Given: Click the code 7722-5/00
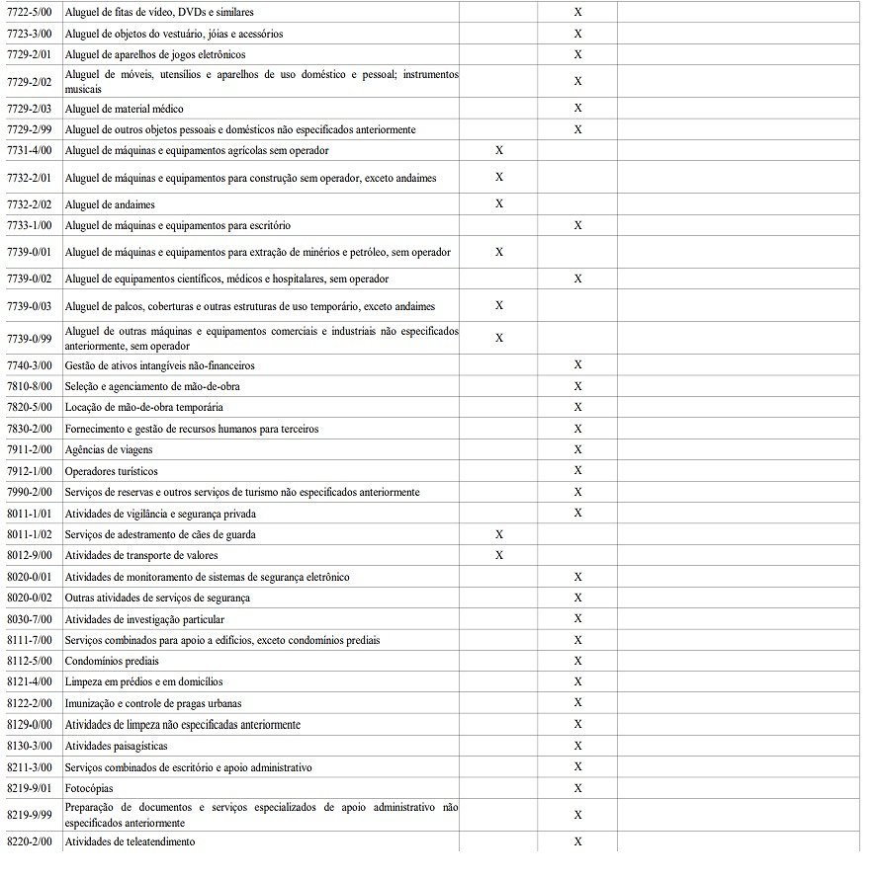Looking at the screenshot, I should pyautogui.click(x=29, y=13).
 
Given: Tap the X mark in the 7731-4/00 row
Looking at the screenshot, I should pyautogui.click(x=499, y=150).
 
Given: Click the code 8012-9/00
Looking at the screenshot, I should pyautogui.click(x=29, y=555).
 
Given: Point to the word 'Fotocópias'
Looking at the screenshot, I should pyautogui.click(x=89, y=788).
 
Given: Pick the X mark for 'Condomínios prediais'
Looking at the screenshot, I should pyautogui.click(x=577, y=661).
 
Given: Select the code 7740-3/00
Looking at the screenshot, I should pyautogui.click(x=29, y=365).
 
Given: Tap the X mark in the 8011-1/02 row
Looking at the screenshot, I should pyautogui.click(x=499, y=534).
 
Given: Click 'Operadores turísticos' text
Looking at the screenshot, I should pyautogui.click(x=111, y=471).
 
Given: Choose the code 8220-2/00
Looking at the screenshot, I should pyautogui.click(x=29, y=841).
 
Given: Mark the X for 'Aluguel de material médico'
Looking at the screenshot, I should pyautogui.click(x=577, y=108).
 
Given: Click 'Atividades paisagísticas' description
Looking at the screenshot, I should pyautogui.click(x=116, y=746).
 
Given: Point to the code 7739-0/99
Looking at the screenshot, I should pyautogui.click(x=29, y=339).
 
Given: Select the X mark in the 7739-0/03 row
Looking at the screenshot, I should pyautogui.click(x=499, y=305).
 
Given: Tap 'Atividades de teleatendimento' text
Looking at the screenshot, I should pyautogui.click(x=130, y=841).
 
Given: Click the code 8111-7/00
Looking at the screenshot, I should pyautogui.click(x=29, y=640).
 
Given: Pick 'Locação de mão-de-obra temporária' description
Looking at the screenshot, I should pyautogui.click(x=143, y=408).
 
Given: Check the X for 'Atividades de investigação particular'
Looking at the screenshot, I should pyautogui.click(x=577, y=618).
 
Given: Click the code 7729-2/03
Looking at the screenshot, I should pyautogui.click(x=29, y=109).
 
